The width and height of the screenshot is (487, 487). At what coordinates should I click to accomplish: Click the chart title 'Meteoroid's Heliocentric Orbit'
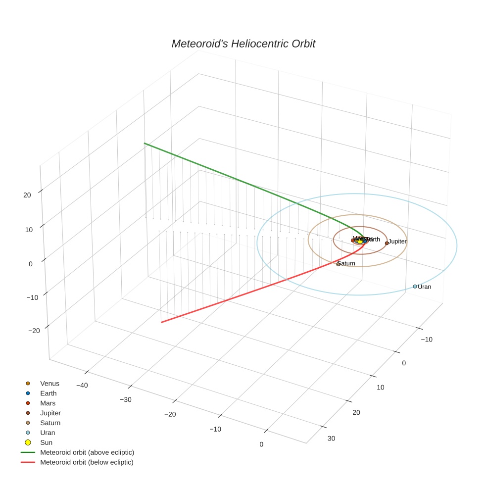point(243,44)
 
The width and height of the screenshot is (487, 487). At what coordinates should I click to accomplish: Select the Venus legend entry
point(49,384)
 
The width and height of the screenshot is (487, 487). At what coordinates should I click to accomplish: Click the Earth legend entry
point(48,393)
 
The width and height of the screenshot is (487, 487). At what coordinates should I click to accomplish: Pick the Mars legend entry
point(48,403)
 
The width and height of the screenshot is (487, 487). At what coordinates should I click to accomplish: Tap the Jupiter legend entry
point(50,413)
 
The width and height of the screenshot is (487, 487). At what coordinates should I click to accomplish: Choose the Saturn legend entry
point(50,423)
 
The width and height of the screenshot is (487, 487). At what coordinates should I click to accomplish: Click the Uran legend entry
point(48,433)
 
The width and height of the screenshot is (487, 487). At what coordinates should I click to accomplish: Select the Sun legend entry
point(46,443)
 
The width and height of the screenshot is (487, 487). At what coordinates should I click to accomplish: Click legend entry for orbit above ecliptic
point(87,453)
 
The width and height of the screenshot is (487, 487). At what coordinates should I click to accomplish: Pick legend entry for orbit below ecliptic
point(87,463)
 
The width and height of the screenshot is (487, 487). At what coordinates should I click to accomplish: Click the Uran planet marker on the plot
point(415,287)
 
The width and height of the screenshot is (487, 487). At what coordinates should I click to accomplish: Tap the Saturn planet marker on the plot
point(338,264)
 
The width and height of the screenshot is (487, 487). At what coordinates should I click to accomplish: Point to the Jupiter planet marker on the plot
point(387,243)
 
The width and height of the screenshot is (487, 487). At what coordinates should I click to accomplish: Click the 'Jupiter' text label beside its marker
point(397,242)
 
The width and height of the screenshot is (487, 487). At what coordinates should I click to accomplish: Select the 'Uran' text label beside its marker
point(425,287)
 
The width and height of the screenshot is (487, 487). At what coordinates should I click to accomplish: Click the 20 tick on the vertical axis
point(27,195)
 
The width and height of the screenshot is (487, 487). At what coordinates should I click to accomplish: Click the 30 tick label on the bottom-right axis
point(331,438)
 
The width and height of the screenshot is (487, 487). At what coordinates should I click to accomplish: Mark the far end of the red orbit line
point(161,323)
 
